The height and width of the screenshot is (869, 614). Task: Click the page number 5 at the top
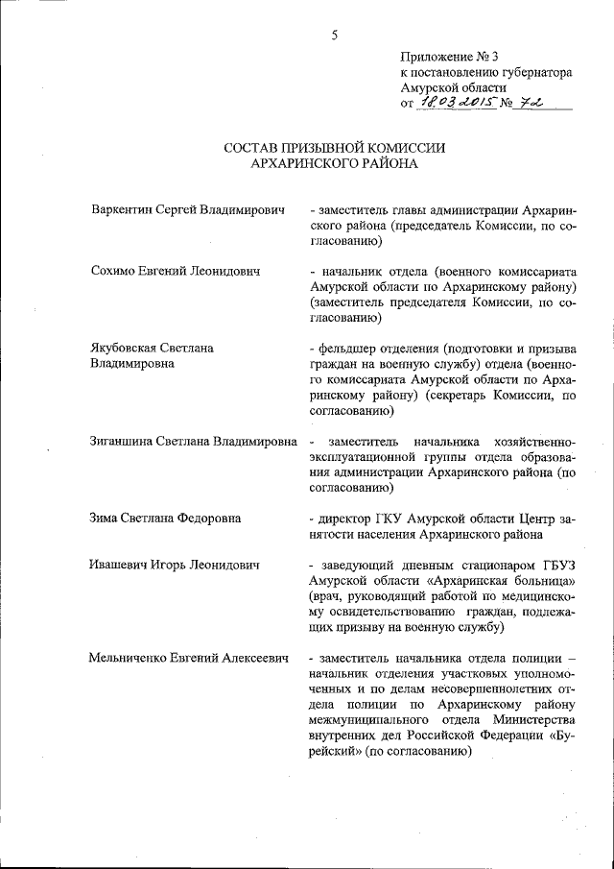coord(335,36)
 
